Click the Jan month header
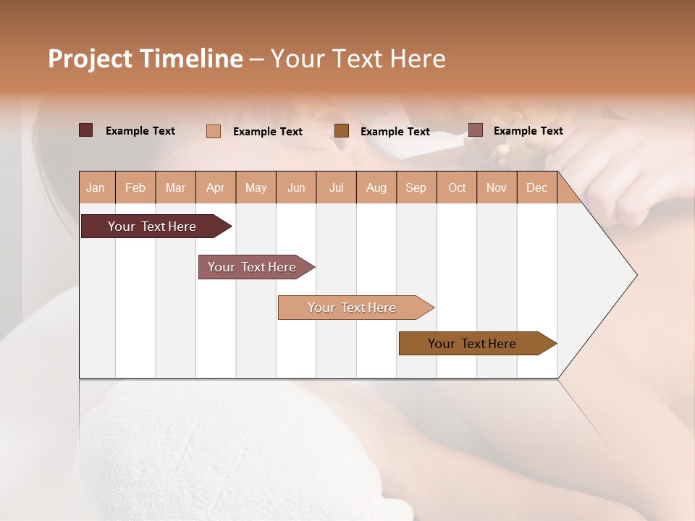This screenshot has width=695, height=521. [x=96, y=188]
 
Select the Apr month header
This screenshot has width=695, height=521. [x=216, y=188]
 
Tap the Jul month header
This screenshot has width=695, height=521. [x=336, y=188]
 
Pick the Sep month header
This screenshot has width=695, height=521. [x=416, y=188]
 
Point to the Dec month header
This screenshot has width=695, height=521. [x=536, y=188]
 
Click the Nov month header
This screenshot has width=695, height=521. [x=497, y=188]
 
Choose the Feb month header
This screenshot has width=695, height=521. [x=135, y=188]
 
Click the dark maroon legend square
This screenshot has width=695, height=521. [x=85, y=130]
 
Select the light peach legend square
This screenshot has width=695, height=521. [x=213, y=131]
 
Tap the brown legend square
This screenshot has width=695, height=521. [x=342, y=131]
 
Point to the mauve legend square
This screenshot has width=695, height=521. [x=475, y=130]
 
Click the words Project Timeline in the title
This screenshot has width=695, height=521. [x=145, y=59]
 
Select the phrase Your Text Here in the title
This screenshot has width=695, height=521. [x=358, y=59]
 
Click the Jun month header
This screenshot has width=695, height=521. [x=296, y=188]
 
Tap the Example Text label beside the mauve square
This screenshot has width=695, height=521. [x=528, y=131]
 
